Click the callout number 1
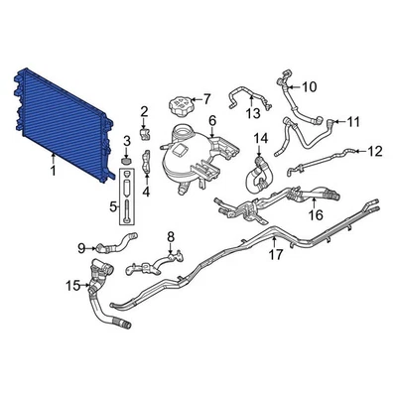52,172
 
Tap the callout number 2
144,110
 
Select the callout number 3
127,140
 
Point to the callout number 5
111,207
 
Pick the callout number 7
206,97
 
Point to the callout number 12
374,151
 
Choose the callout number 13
253,113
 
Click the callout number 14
262,137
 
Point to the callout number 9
81,246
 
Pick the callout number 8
170,236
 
